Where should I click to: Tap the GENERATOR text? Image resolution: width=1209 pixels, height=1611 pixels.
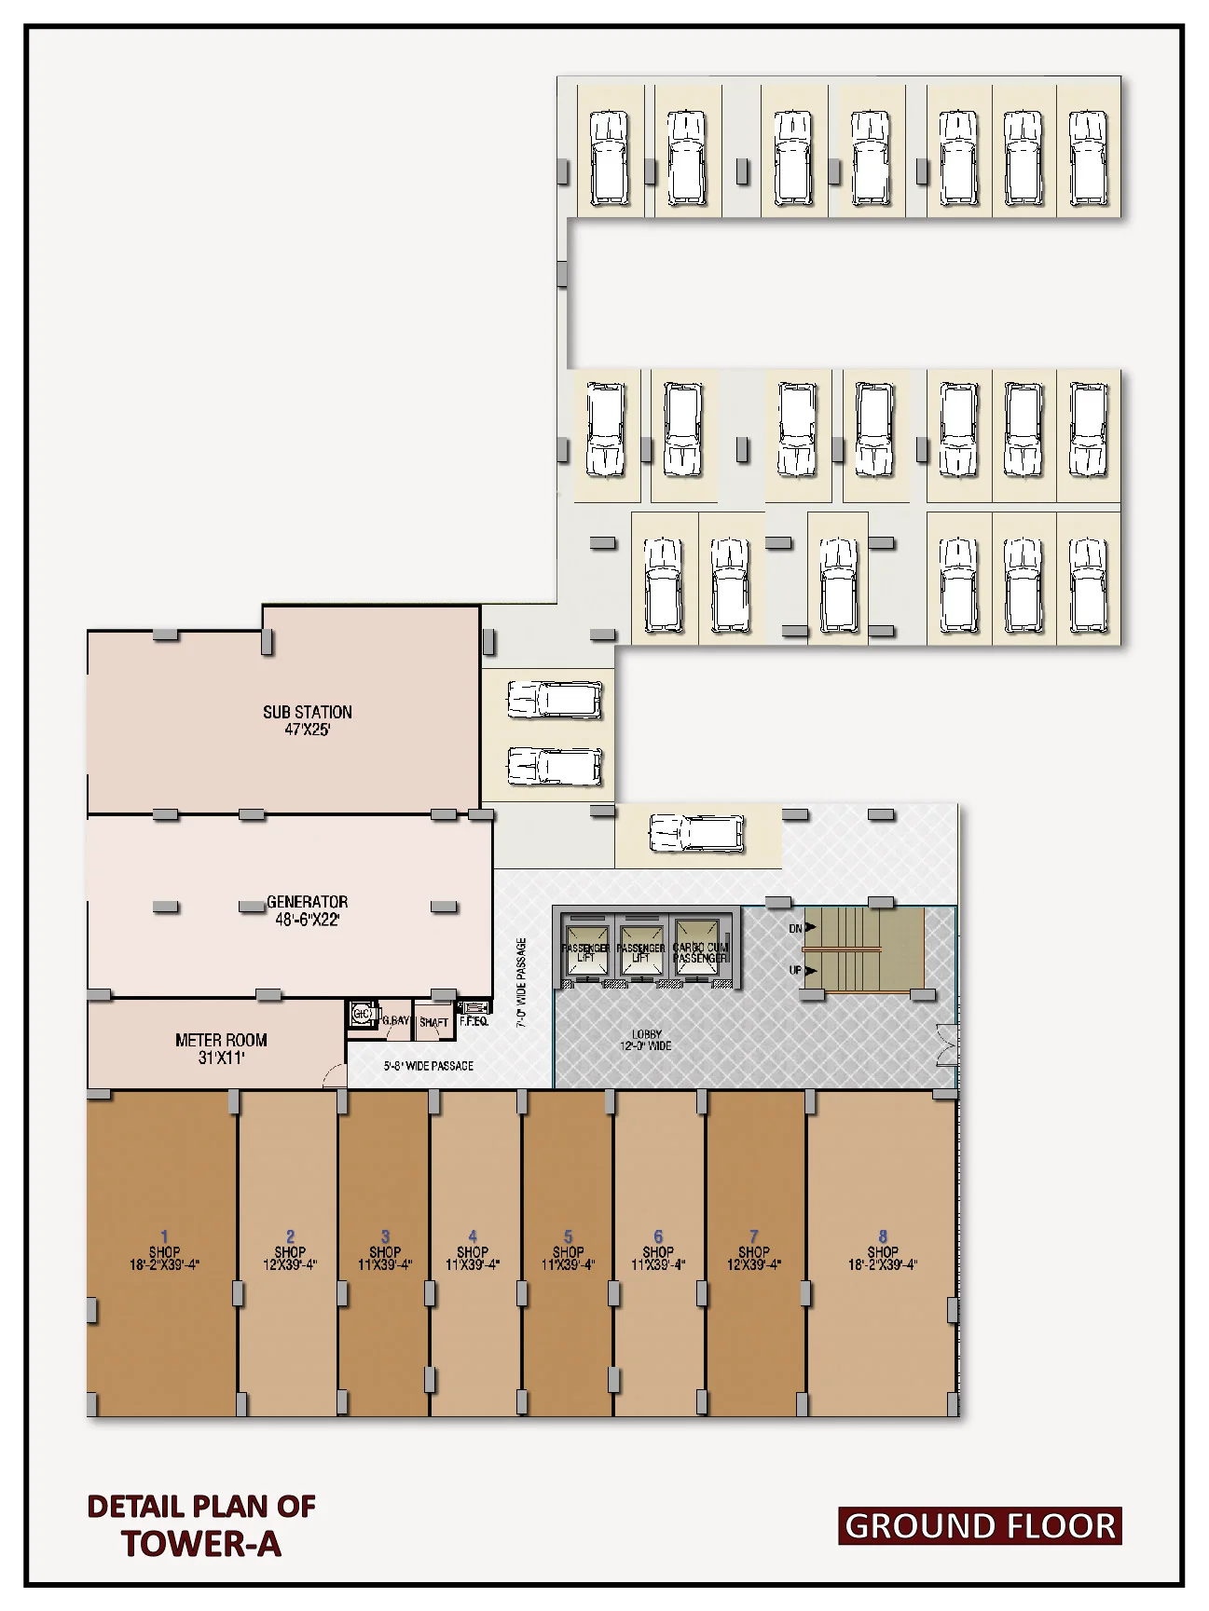coord(307,902)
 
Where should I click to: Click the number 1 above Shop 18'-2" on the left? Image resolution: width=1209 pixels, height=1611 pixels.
coord(164,1237)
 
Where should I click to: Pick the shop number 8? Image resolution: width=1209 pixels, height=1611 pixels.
coord(883,1237)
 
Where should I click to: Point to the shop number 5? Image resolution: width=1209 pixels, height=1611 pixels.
coord(568,1237)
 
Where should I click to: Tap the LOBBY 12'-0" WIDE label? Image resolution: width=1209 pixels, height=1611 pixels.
coord(646,1040)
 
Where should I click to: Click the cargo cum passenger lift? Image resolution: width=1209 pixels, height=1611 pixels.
coord(698,948)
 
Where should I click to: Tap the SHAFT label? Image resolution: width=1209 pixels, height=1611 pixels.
coord(433,1022)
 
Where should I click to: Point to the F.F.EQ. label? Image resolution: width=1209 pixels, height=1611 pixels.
coord(474,1022)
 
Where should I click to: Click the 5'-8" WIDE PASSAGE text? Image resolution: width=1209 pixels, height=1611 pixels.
coord(429,1066)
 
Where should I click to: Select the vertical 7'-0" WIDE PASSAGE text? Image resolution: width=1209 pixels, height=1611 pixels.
coord(522,982)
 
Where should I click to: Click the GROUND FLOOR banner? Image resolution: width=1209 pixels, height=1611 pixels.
coord(980,1526)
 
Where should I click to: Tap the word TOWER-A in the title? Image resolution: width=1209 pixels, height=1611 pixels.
coord(201,1545)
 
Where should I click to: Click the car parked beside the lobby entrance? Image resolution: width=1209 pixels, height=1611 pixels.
coord(696,832)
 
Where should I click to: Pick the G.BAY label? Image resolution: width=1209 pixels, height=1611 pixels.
coord(396,1020)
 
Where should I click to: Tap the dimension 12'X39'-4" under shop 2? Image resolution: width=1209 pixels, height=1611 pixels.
coord(290,1265)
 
